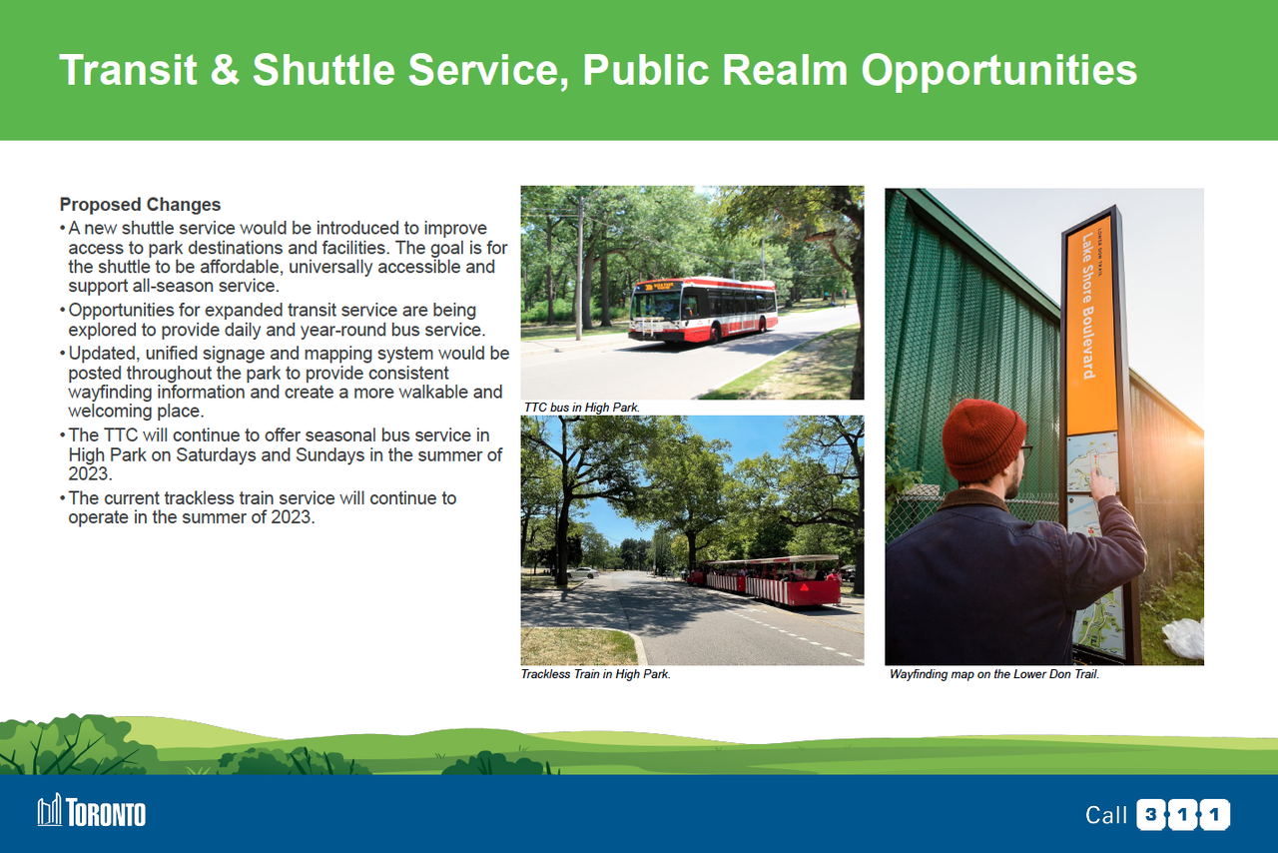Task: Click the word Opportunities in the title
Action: (x=999, y=71)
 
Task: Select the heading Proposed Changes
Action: (x=140, y=205)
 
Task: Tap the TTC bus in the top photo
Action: (x=703, y=309)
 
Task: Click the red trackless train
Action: (x=765, y=580)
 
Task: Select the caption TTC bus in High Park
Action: (x=581, y=408)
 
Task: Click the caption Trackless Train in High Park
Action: (x=596, y=674)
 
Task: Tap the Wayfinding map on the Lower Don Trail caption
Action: (x=993, y=674)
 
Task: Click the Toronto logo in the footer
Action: (x=91, y=811)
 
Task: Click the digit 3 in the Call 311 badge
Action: (x=1151, y=815)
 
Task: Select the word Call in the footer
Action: (x=1105, y=815)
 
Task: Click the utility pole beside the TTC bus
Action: (x=580, y=269)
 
